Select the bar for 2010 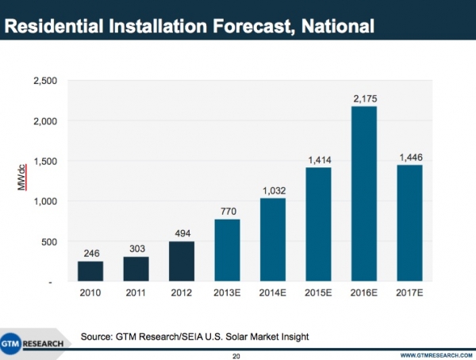[90, 271]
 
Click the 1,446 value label [409, 157]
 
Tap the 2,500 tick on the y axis [45, 81]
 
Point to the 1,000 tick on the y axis [45, 201]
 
